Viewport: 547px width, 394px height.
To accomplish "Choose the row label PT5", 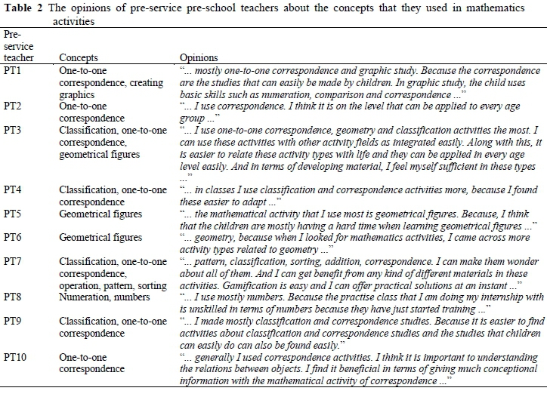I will coord(12,214).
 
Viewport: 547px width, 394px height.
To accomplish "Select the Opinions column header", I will coord(199,57).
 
